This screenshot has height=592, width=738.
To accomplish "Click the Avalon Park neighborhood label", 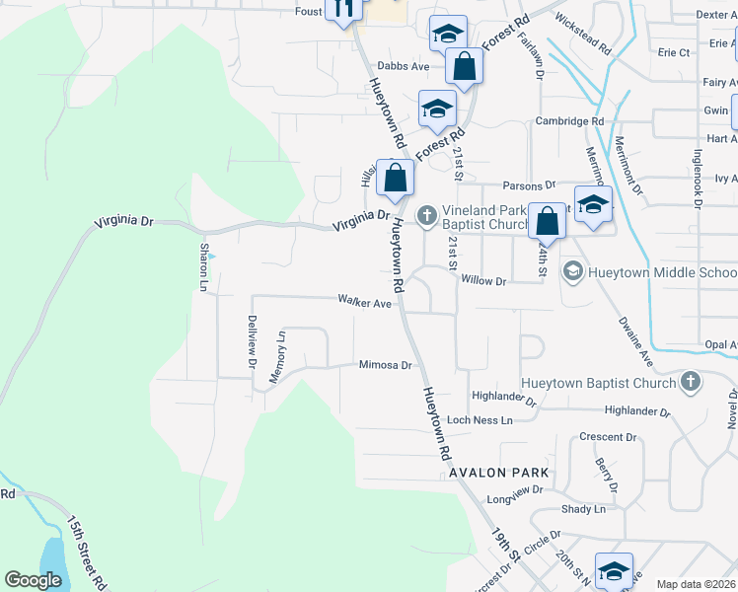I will [498, 473].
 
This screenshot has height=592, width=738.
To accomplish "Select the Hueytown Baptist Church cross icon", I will [691, 382].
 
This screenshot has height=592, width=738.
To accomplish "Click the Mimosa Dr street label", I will [385, 365].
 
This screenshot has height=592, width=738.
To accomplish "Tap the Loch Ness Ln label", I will [480, 420].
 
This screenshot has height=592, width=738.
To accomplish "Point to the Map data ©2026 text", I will [696, 584].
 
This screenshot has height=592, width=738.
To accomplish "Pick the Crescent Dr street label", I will [608, 437].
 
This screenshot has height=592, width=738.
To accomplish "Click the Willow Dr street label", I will [482, 281].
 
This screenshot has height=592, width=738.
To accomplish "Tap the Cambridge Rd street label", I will [569, 121].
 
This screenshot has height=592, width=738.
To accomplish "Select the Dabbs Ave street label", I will [406, 66].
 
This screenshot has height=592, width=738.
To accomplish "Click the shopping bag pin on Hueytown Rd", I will [395, 179].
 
